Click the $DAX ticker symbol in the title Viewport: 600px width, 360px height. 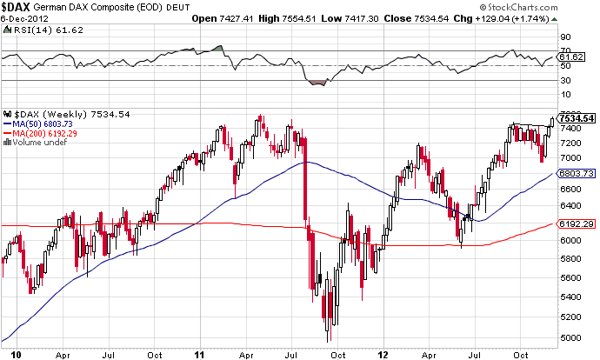pyautogui.click(x=17, y=7)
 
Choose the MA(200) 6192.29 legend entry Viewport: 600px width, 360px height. pyautogui.click(x=42, y=133)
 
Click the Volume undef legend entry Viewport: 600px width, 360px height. pyautogui.click(x=37, y=143)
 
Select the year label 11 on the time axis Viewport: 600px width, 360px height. pyautogui.click(x=199, y=355)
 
